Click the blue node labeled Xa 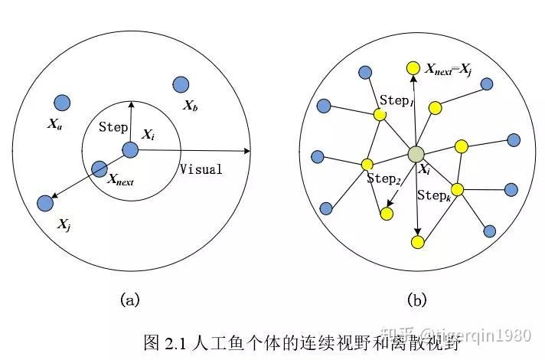[x=62, y=102]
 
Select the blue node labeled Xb [x=181, y=85]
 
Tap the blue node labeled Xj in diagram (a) [x=45, y=203]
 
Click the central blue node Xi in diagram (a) [x=130, y=149]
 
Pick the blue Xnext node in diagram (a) [x=99, y=169]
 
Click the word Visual [x=201, y=169]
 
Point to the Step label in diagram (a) [x=113, y=127]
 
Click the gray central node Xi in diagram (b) [x=416, y=154]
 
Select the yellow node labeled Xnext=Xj [x=413, y=68]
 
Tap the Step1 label [x=397, y=100]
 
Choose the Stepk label [x=432, y=195]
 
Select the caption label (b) [x=416, y=300]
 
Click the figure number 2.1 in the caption [x=187, y=339]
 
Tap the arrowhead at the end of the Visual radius [x=249, y=150]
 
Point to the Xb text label [x=191, y=106]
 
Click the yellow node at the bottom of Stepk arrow [x=418, y=242]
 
